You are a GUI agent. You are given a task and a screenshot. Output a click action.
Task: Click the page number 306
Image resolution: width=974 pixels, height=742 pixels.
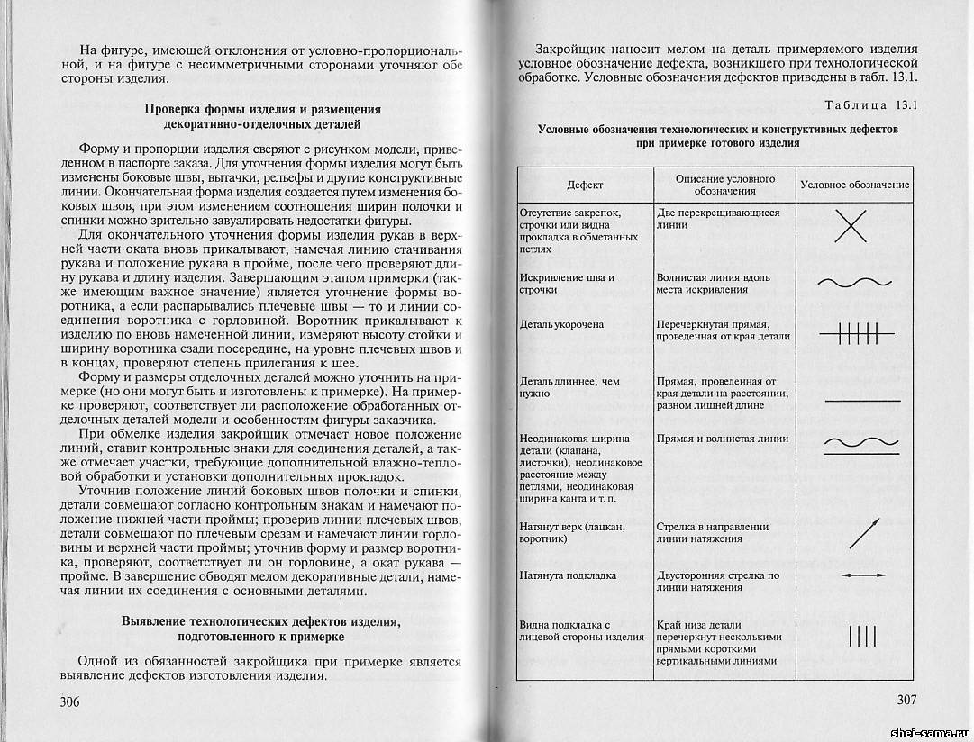(x=76, y=701)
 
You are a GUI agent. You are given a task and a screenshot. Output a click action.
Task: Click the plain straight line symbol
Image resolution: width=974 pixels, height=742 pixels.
(x=862, y=399)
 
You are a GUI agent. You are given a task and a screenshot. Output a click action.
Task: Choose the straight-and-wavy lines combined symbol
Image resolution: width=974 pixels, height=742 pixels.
(x=862, y=442)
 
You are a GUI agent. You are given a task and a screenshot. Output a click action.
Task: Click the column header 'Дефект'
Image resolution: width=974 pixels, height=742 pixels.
(x=585, y=185)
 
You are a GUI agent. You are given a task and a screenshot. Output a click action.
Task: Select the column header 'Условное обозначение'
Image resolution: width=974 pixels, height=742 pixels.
(x=854, y=185)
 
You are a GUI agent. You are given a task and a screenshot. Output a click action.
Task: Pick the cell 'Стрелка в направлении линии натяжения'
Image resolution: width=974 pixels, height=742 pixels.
(x=712, y=532)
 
